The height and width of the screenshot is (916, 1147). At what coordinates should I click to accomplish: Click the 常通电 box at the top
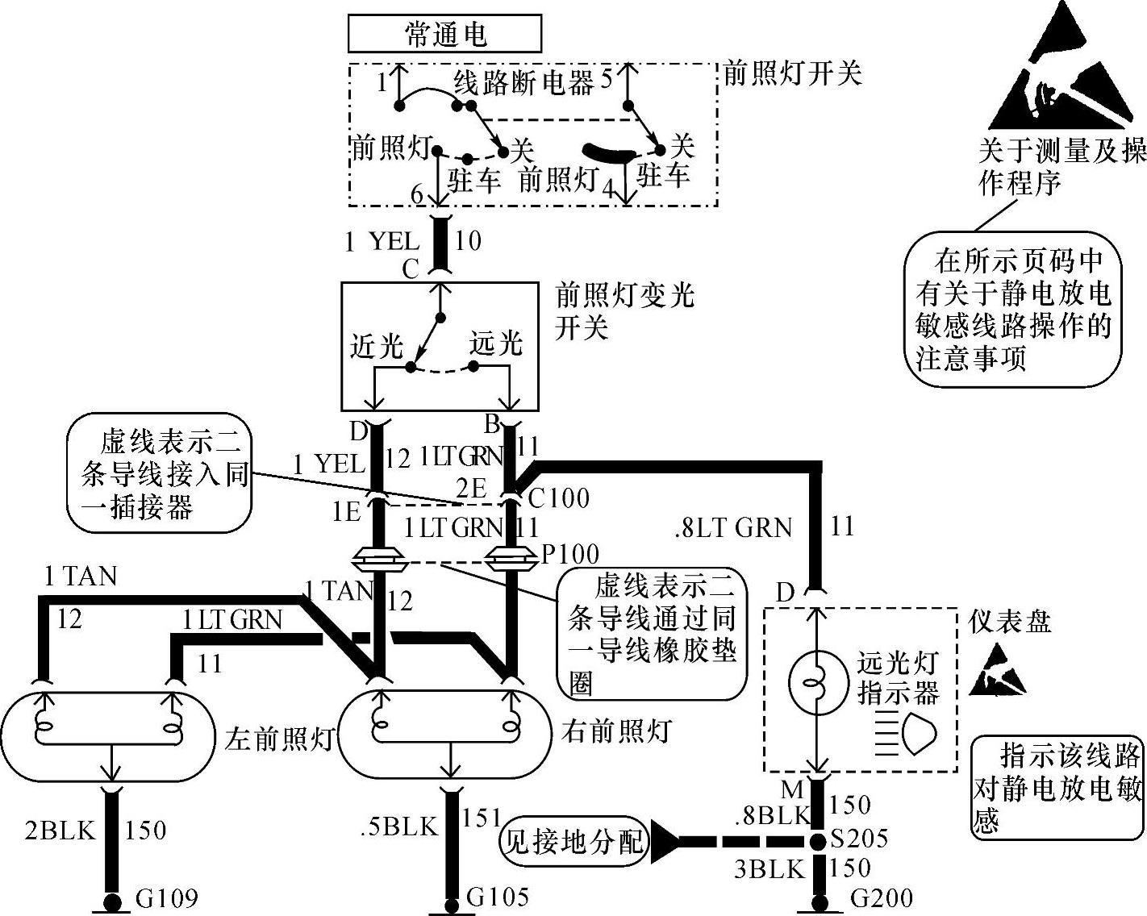tap(444, 35)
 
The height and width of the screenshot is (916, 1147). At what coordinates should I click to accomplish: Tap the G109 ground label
tap(167, 897)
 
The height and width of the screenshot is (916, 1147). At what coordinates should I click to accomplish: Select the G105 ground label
tap(498, 896)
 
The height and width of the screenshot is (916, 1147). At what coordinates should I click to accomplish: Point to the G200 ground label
tap(881, 897)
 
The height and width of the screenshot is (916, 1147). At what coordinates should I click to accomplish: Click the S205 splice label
tap(858, 839)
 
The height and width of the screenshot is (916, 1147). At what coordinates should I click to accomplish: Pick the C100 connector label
tap(559, 498)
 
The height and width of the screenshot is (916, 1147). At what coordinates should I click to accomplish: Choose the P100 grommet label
tap(569, 554)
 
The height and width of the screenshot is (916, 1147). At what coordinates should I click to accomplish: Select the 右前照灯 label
tap(615, 731)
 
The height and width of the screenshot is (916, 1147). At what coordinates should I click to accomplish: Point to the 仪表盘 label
tap(1010, 621)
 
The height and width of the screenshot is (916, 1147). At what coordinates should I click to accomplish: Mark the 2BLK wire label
tap(60, 830)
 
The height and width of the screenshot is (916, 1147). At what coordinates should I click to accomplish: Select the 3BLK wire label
tap(770, 868)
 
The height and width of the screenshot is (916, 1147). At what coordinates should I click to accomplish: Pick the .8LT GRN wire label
tap(733, 528)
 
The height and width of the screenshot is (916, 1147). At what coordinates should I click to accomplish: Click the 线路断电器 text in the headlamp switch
tap(523, 82)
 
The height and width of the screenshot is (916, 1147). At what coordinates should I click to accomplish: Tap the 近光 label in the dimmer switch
tap(377, 346)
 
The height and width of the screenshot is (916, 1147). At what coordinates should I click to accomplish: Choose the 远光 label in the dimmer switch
tap(497, 343)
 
